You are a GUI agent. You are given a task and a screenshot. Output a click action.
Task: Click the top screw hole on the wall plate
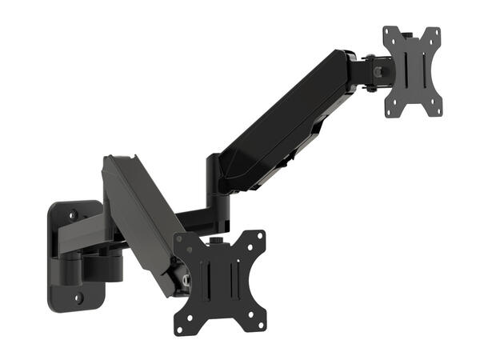coord(73,214)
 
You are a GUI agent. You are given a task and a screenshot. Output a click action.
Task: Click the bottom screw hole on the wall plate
coord(78,298)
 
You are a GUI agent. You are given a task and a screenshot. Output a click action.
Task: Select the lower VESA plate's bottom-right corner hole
coord(260,325)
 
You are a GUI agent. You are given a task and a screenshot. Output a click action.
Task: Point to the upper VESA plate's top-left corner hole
coord(390,33)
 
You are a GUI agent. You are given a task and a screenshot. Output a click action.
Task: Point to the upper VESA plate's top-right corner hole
coord(437,33)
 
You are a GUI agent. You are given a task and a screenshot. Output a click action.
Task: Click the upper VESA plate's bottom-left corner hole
coord(390,112)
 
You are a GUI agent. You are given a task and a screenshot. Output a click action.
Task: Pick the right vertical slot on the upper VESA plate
coord(422,71)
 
